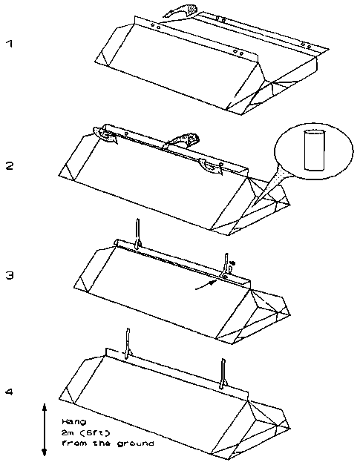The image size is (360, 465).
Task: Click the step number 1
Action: (10, 44)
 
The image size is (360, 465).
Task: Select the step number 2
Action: (10, 166)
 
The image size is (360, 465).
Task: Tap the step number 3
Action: (10, 275)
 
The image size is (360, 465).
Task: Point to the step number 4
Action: (10, 392)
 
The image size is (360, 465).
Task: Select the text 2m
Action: (68, 433)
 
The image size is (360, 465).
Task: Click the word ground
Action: (135, 444)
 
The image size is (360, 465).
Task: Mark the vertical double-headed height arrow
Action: (45, 429)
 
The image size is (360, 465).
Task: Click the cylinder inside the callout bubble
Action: (314, 151)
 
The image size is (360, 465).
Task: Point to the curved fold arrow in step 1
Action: (180, 10)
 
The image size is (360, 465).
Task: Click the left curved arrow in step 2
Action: (105, 135)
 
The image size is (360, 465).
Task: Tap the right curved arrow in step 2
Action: (210, 167)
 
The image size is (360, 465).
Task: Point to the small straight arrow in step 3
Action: (205, 285)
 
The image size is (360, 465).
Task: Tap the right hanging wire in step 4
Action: (223, 374)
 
